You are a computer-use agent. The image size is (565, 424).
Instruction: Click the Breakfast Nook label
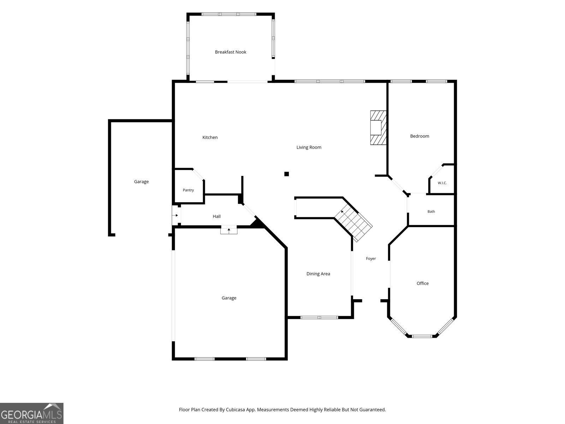pos(230,52)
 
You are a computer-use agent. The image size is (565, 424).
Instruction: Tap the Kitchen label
pos(210,137)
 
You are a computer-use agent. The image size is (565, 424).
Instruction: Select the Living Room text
pos(309,147)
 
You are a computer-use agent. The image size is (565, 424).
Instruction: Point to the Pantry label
pos(188,190)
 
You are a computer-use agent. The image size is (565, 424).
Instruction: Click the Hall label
pos(216,217)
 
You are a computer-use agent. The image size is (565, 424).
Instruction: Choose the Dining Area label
pos(318,273)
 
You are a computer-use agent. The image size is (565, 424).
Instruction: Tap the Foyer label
pos(371,259)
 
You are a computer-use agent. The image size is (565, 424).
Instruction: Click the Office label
pos(422,283)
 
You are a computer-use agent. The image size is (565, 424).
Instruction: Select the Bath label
pos(431,211)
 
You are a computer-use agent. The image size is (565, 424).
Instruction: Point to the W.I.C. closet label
pos(442,183)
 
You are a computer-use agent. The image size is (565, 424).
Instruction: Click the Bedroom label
pos(420,136)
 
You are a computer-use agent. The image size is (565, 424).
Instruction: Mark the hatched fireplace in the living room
pos(378,128)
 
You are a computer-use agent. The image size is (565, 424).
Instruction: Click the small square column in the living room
pos(286,174)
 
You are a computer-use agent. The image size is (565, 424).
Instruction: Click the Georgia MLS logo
pos(32,413)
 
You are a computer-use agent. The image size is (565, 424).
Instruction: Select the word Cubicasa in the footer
pos(235,410)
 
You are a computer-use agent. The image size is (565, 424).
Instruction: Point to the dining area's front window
pos(319,317)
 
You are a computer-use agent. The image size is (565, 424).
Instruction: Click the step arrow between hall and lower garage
pos(229,230)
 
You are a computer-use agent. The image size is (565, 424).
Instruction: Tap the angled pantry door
pos(198,175)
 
